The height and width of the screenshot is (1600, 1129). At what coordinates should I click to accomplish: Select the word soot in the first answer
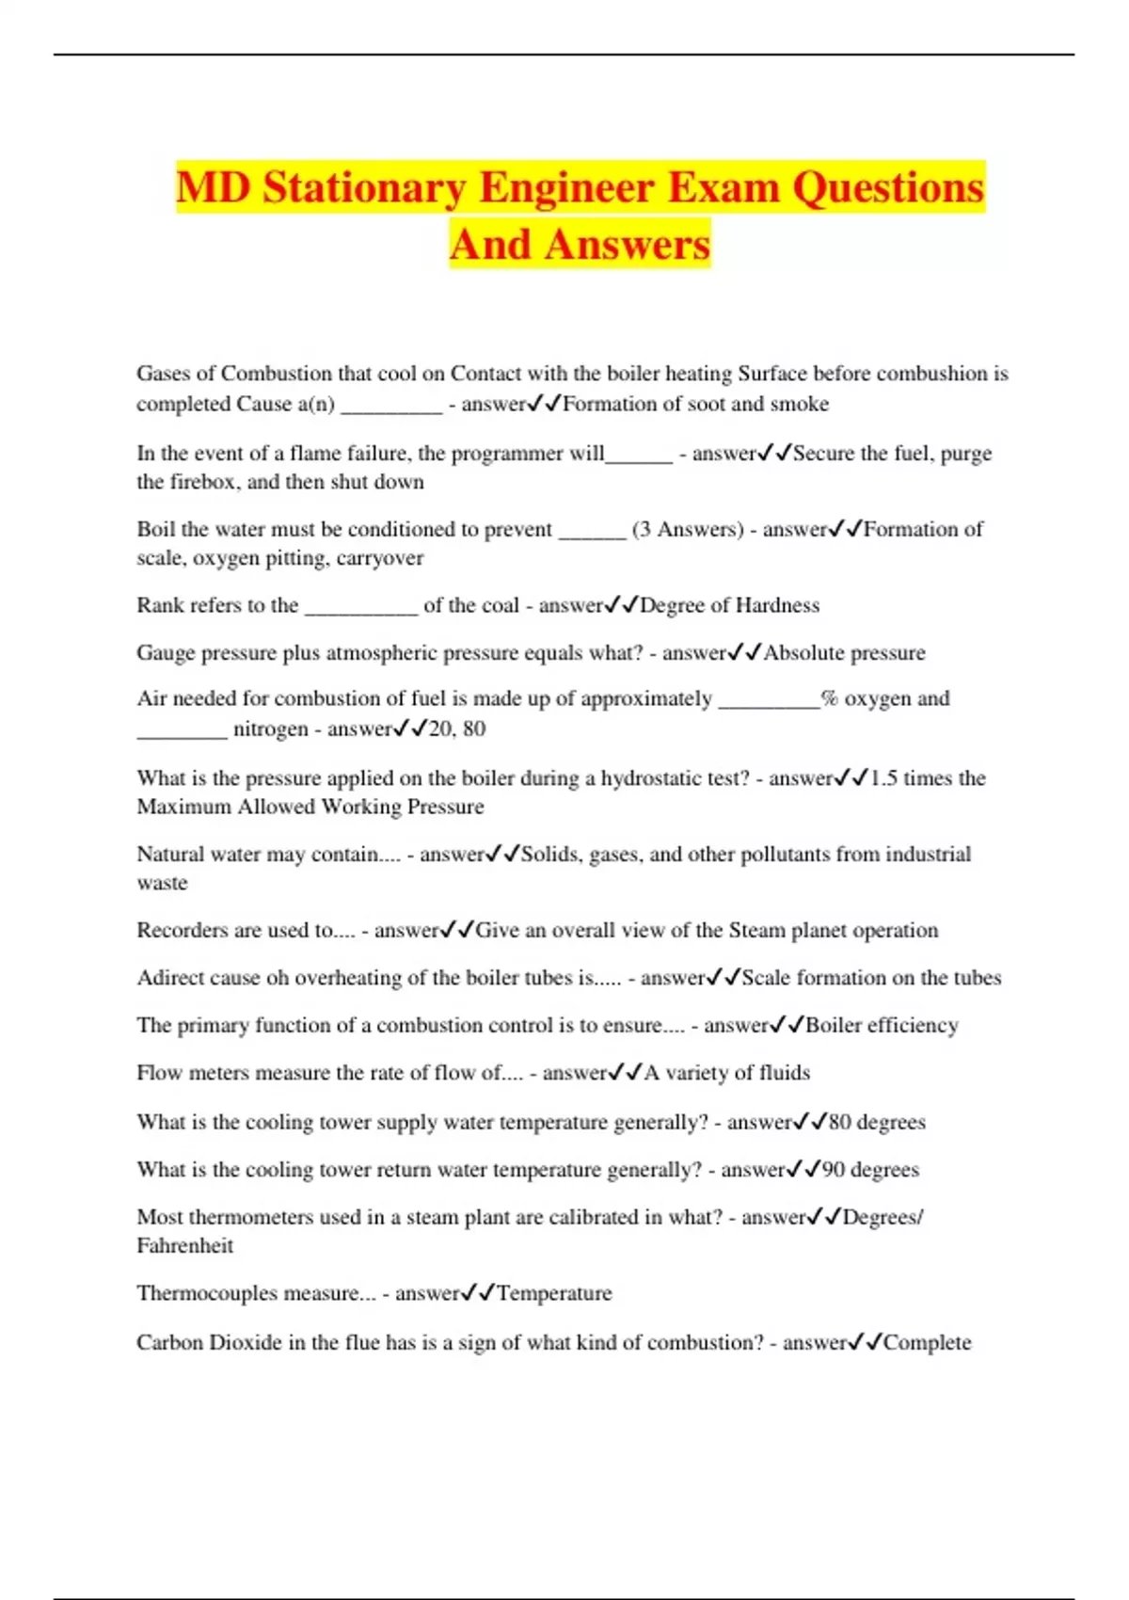pos(707,404)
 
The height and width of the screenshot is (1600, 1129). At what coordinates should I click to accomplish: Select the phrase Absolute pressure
pos(844,653)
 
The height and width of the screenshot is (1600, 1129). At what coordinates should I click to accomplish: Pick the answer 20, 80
pos(457,728)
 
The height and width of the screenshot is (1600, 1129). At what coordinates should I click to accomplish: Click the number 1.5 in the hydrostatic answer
pos(883,778)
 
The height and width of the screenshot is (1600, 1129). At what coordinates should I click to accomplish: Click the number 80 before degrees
pos(839,1122)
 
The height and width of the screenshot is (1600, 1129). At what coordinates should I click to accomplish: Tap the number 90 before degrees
pos(833,1170)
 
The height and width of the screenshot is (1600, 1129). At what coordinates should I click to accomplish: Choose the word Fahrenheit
pos(185,1246)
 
